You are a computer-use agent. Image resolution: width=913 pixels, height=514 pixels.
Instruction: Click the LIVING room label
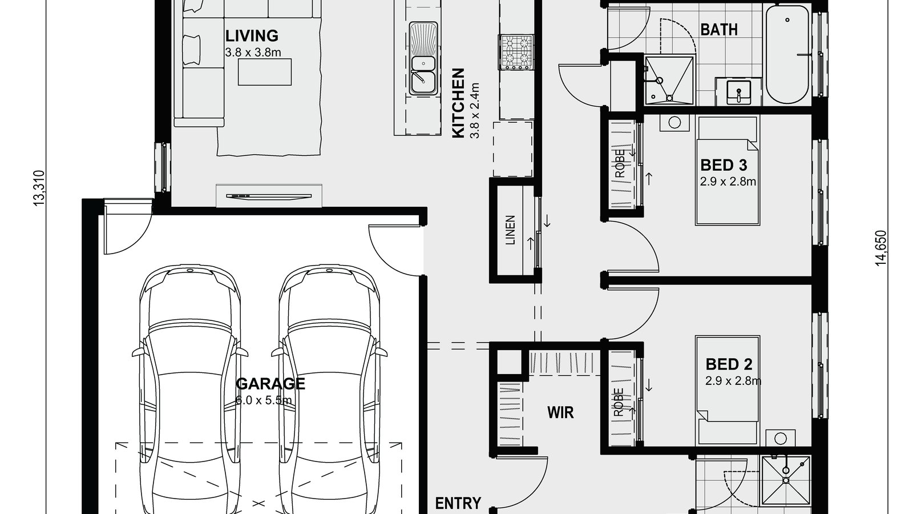(252, 36)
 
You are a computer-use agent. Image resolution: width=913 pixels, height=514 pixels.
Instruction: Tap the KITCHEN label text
(458, 103)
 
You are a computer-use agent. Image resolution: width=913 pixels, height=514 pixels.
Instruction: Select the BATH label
(718, 29)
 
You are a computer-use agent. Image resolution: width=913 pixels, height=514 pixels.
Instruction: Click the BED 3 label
(723, 166)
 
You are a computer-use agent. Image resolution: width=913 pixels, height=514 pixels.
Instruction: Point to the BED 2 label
(729, 364)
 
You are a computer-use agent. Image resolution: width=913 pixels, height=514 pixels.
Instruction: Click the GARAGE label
(270, 383)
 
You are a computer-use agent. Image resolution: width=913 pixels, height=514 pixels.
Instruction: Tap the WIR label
(560, 412)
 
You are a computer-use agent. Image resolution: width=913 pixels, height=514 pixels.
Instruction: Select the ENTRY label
(458, 503)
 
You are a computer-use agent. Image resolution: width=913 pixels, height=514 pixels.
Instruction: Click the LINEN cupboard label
(511, 230)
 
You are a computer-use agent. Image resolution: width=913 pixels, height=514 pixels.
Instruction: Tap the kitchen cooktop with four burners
(516, 52)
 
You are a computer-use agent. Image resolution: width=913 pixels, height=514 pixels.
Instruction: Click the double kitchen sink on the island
(423, 59)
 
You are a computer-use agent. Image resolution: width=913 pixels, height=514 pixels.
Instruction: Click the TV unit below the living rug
(269, 196)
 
